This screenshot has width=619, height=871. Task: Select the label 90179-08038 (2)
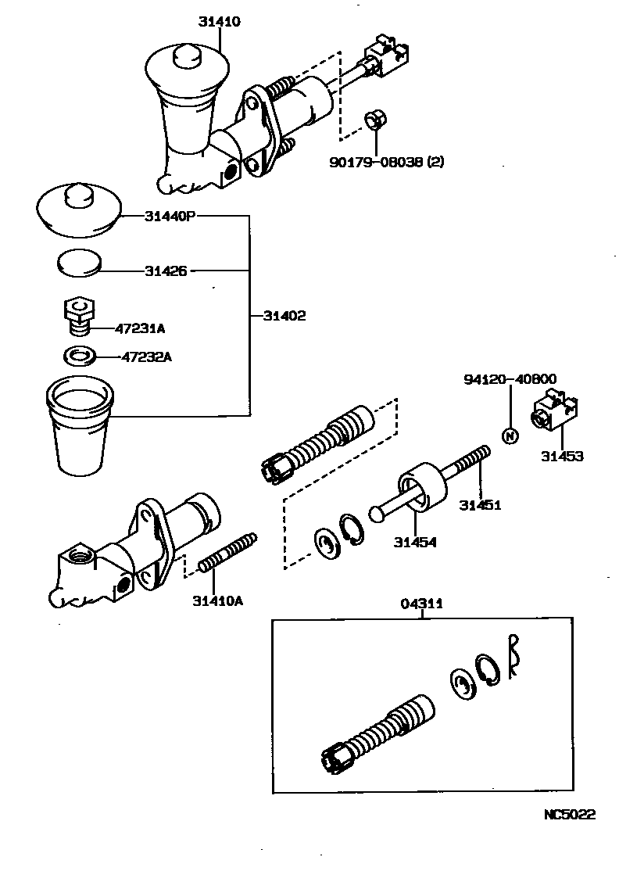[x=386, y=162]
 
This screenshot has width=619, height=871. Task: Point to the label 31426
[x=166, y=271]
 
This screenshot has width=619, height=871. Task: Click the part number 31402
[x=284, y=316]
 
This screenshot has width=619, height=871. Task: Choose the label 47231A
[x=140, y=329]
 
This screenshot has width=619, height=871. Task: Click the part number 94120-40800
[x=509, y=379]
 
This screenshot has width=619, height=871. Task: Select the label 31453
[x=562, y=456]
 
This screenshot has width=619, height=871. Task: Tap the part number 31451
[x=480, y=505]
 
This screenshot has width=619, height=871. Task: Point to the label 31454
[x=415, y=542]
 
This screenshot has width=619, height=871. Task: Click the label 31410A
[x=218, y=600]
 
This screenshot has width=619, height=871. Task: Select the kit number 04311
[x=422, y=604]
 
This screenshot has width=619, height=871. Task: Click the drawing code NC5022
[x=570, y=814]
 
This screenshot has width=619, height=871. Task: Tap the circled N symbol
[x=509, y=435]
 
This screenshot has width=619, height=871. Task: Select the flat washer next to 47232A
[x=79, y=357]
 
